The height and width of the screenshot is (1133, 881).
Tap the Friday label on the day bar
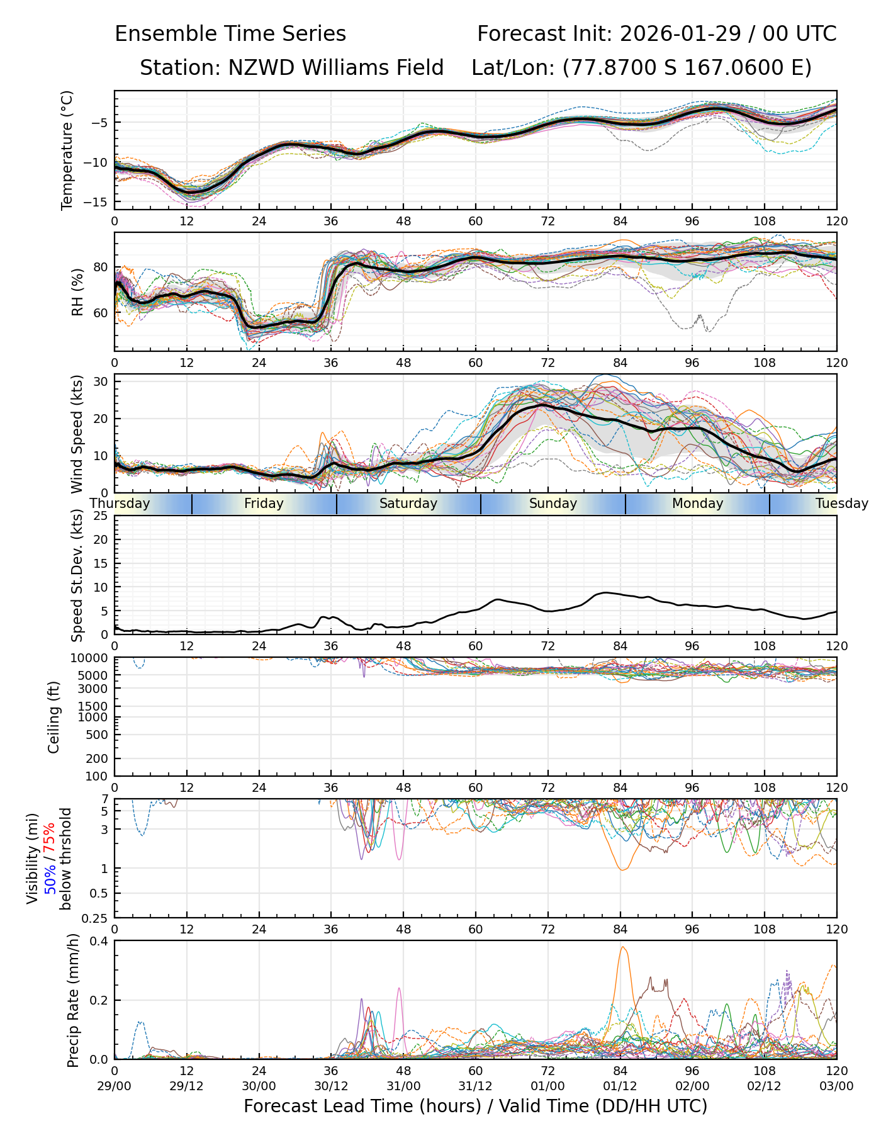point(264,504)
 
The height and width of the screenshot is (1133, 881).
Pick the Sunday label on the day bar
point(553,504)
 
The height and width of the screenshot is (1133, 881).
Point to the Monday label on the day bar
point(697,504)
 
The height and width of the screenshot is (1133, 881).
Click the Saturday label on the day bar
point(408,504)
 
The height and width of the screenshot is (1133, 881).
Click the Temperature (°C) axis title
point(67,150)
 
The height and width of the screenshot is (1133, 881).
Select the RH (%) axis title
point(77,292)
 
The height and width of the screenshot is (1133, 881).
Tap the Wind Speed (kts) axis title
point(77,434)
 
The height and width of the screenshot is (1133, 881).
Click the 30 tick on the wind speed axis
point(101,381)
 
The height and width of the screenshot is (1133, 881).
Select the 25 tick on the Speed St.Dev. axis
point(101,516)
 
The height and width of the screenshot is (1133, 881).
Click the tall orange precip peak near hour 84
point(622,948)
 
